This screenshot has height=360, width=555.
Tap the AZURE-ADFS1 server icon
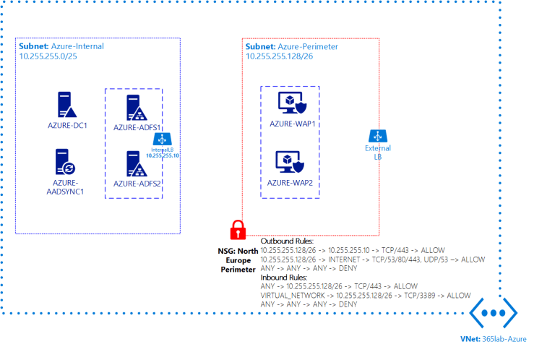point(133,108)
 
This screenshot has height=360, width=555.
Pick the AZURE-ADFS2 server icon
point(133,164)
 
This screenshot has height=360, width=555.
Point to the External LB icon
point(376,136)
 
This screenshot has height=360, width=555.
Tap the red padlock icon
point(237,230)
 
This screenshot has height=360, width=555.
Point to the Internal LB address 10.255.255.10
point(163,155)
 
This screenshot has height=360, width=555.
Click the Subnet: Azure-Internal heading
point(61,46)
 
